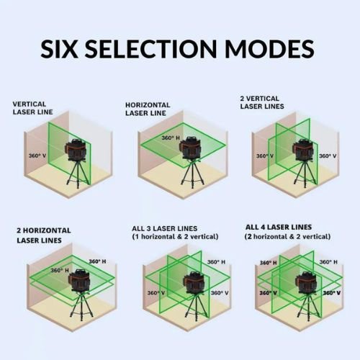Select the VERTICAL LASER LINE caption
[x=34, y=108]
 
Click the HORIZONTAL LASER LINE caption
[x=148, y=109]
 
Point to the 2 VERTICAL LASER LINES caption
[x=262, y=102]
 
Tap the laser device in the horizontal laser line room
[x=190, y=148]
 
